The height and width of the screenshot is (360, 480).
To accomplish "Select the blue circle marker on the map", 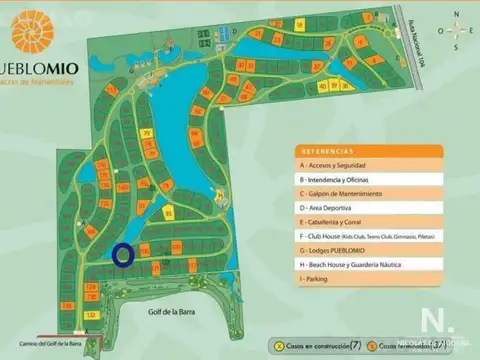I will point(123,255).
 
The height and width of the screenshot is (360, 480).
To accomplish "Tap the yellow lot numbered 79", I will point(147,133).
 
